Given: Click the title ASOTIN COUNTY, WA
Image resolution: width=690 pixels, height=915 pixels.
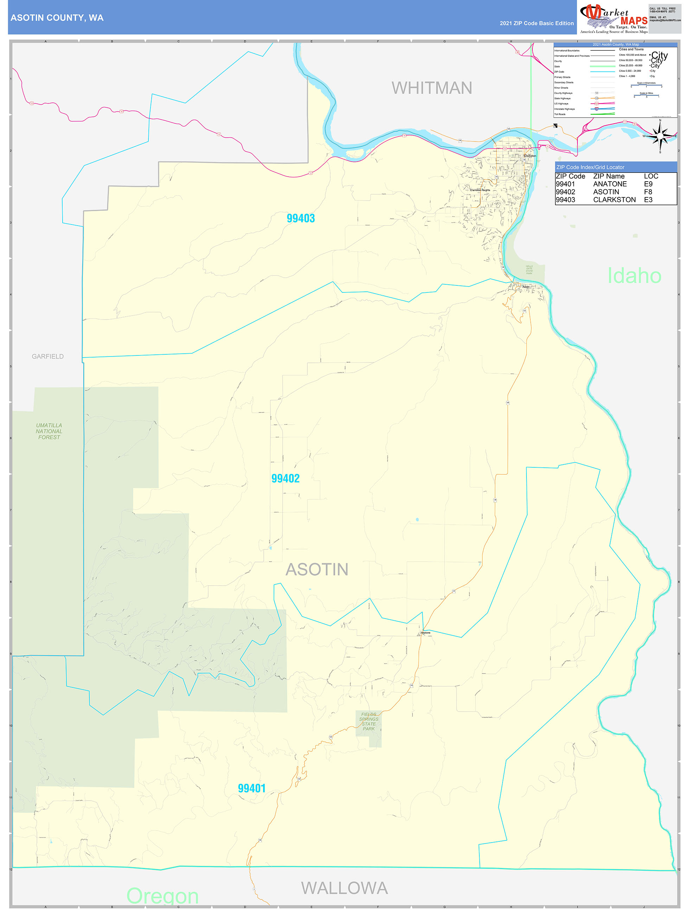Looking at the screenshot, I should click(x=57, y=18).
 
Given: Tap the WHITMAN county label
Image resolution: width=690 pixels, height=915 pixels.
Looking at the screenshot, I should click(x=432, y=88).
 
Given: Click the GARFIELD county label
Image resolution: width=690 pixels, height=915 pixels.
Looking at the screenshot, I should click(x=47, y=356).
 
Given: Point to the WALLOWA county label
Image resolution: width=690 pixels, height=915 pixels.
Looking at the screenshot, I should click(x=344, y=888).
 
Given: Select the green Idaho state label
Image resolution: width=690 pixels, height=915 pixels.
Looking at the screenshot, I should click(x=634, y=276).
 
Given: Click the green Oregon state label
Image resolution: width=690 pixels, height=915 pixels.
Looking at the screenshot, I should click(x=162, y=896).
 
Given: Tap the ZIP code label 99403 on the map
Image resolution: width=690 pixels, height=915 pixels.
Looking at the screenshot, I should click(x=301, y=219).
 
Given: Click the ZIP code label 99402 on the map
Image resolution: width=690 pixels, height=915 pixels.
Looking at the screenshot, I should click(x=285, y=479).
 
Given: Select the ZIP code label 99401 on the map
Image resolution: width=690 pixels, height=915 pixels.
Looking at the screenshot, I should click(x=251, y=788).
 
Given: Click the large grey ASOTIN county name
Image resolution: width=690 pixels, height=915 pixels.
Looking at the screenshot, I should click(x=317, y=570).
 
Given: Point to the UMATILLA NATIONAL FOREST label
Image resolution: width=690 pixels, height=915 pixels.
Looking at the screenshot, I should click(x=49, y=431).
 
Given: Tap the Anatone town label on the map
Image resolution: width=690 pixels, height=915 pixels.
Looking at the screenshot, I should click(x=426, y=633).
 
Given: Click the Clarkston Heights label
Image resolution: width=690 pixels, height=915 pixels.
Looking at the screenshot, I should click(x=480, y=190).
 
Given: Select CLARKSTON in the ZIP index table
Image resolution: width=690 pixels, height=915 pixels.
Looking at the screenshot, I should click(x=614, y=200).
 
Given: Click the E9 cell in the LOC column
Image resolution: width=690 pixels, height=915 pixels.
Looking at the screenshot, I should click(x=648, y=184).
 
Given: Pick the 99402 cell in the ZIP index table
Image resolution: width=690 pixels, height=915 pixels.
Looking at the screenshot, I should click(x=565, y=192).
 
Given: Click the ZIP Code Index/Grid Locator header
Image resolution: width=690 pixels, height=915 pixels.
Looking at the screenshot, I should click(x=590, y=167).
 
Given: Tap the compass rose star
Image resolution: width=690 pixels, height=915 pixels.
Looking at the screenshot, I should click(x=660, y=136).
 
